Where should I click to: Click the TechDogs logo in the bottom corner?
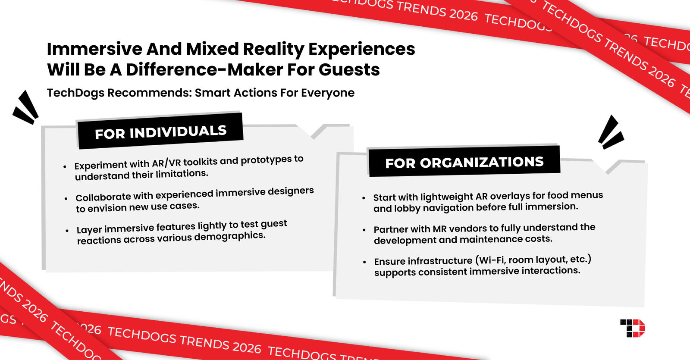click(632, 328)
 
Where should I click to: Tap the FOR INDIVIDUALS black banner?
click(160, 131)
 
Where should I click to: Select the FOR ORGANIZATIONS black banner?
click(464, 162)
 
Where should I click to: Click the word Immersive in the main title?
click(94, 49)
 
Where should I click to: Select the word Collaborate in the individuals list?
click(103, 197)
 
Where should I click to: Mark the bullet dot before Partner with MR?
click(364, 230)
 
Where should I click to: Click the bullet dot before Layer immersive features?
click(67, 231)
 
